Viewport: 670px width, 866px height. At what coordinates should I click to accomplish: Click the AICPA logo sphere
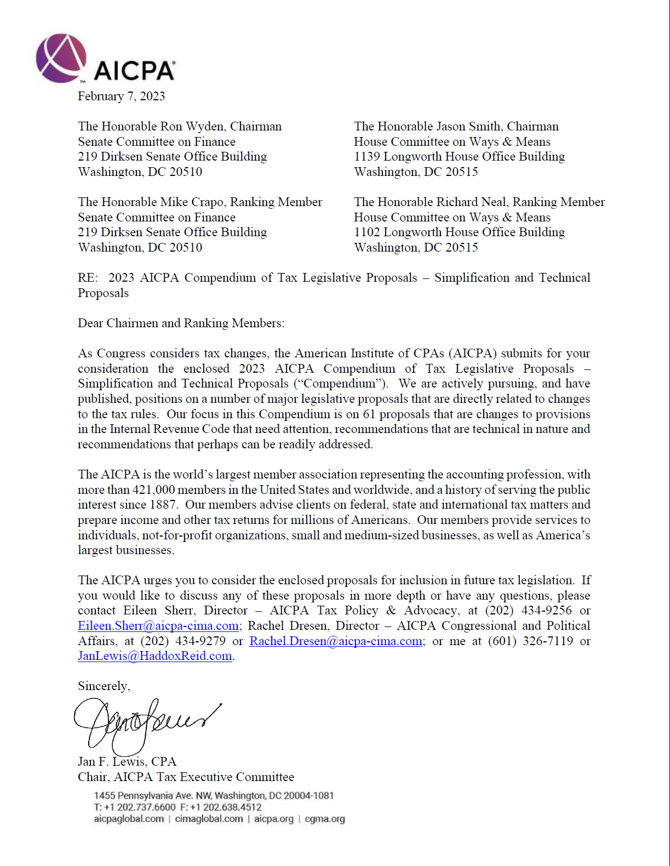click(61, 58)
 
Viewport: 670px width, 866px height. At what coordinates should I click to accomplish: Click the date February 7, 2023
click(121, 96)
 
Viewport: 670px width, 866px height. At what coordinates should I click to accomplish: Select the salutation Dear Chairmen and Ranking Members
click(181, 323)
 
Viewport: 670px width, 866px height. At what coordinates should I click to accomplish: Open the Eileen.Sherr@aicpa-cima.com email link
click(158, 626)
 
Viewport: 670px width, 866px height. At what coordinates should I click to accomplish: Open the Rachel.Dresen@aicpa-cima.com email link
click(336, 641)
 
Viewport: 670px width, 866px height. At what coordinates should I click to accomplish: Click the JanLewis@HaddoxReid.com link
click(155, 656)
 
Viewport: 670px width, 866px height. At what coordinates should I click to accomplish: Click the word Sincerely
click(104, 686)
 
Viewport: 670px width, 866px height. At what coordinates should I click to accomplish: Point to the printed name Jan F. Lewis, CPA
click(127, 762)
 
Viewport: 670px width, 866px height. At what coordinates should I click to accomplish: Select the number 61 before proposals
click(369, 414)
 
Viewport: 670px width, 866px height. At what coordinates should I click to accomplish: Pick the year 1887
click(163, 505)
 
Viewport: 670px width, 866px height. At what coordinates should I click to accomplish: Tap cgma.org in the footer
click(325, 819)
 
